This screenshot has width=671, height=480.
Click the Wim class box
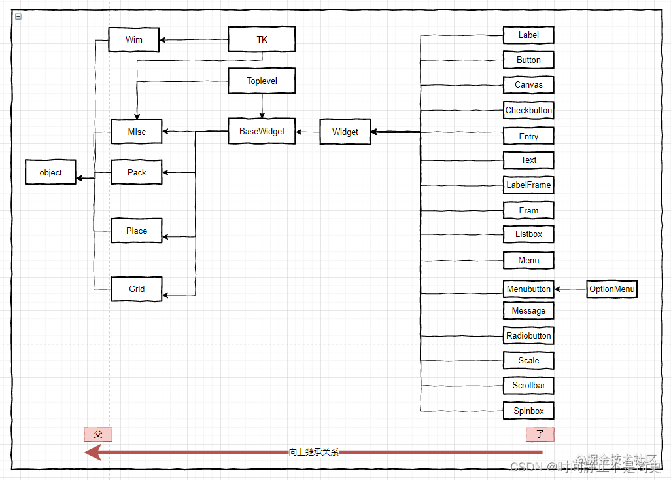point(134,40)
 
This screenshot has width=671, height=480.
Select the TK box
point(262,40)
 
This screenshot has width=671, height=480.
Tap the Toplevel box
point(262,81)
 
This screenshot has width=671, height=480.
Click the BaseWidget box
point(262,132)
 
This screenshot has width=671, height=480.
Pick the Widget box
point(345,132)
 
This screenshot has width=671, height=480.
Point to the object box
point(50,173)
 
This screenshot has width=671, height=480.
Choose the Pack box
point(137,173)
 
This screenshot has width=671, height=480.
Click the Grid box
point(137,289)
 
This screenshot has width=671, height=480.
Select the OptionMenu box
point(611,289)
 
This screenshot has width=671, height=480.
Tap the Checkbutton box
point(528,111)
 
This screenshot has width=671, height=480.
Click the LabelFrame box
point(528,185)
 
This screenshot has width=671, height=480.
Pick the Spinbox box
point(528,411)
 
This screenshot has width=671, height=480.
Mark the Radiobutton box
point(528,336)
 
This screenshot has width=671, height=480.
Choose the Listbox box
point(528,234)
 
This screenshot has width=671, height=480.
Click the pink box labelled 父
point(98,434)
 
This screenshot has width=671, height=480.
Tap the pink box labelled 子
point(540,434)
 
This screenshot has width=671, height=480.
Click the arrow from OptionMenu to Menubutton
point(570,289)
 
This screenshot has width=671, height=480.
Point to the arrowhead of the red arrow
point(93,452)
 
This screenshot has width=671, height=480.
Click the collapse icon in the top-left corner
point(18,16)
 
